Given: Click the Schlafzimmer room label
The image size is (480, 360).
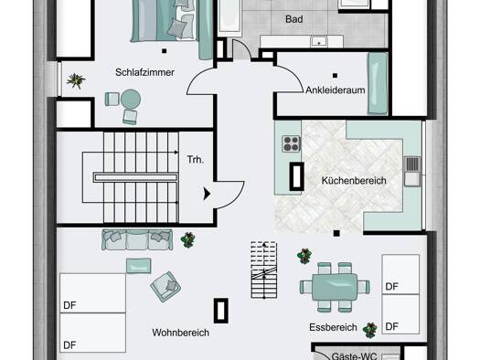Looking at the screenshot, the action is coord(144,72).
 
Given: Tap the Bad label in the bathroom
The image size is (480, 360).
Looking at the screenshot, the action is coord(294,19).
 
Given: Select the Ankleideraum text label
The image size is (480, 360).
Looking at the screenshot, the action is coord(336,90).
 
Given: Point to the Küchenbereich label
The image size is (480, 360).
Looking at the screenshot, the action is coord(354,181).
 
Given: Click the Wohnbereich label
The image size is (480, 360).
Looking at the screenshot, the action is coord(181,333).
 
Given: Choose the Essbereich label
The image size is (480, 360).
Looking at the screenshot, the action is coord(333,328).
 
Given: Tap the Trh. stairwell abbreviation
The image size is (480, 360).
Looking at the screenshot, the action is coord(196,159).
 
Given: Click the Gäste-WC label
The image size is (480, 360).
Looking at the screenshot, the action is coord(354,356).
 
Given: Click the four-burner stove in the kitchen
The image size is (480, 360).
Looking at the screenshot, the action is coord(291,143).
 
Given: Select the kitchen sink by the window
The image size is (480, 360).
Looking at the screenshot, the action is coord(412,171).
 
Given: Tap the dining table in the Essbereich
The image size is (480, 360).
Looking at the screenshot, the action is coord(335,287).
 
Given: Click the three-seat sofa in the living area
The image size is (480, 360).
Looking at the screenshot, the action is coord(137,239).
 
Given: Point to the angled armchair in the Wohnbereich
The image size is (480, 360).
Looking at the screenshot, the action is coord(165,287).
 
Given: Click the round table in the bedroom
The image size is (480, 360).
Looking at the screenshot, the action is coord(131,99).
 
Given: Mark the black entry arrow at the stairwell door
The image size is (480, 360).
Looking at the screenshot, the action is coord(207,194).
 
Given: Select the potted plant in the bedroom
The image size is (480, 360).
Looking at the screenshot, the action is coord(76,80).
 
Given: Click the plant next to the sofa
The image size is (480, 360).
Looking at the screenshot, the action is coord(188,239).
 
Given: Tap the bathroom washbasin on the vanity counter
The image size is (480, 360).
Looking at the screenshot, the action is coord(319,42).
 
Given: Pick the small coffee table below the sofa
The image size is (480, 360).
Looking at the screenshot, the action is coord(139,266).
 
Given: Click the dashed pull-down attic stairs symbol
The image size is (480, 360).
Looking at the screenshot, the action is coord(264,270).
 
